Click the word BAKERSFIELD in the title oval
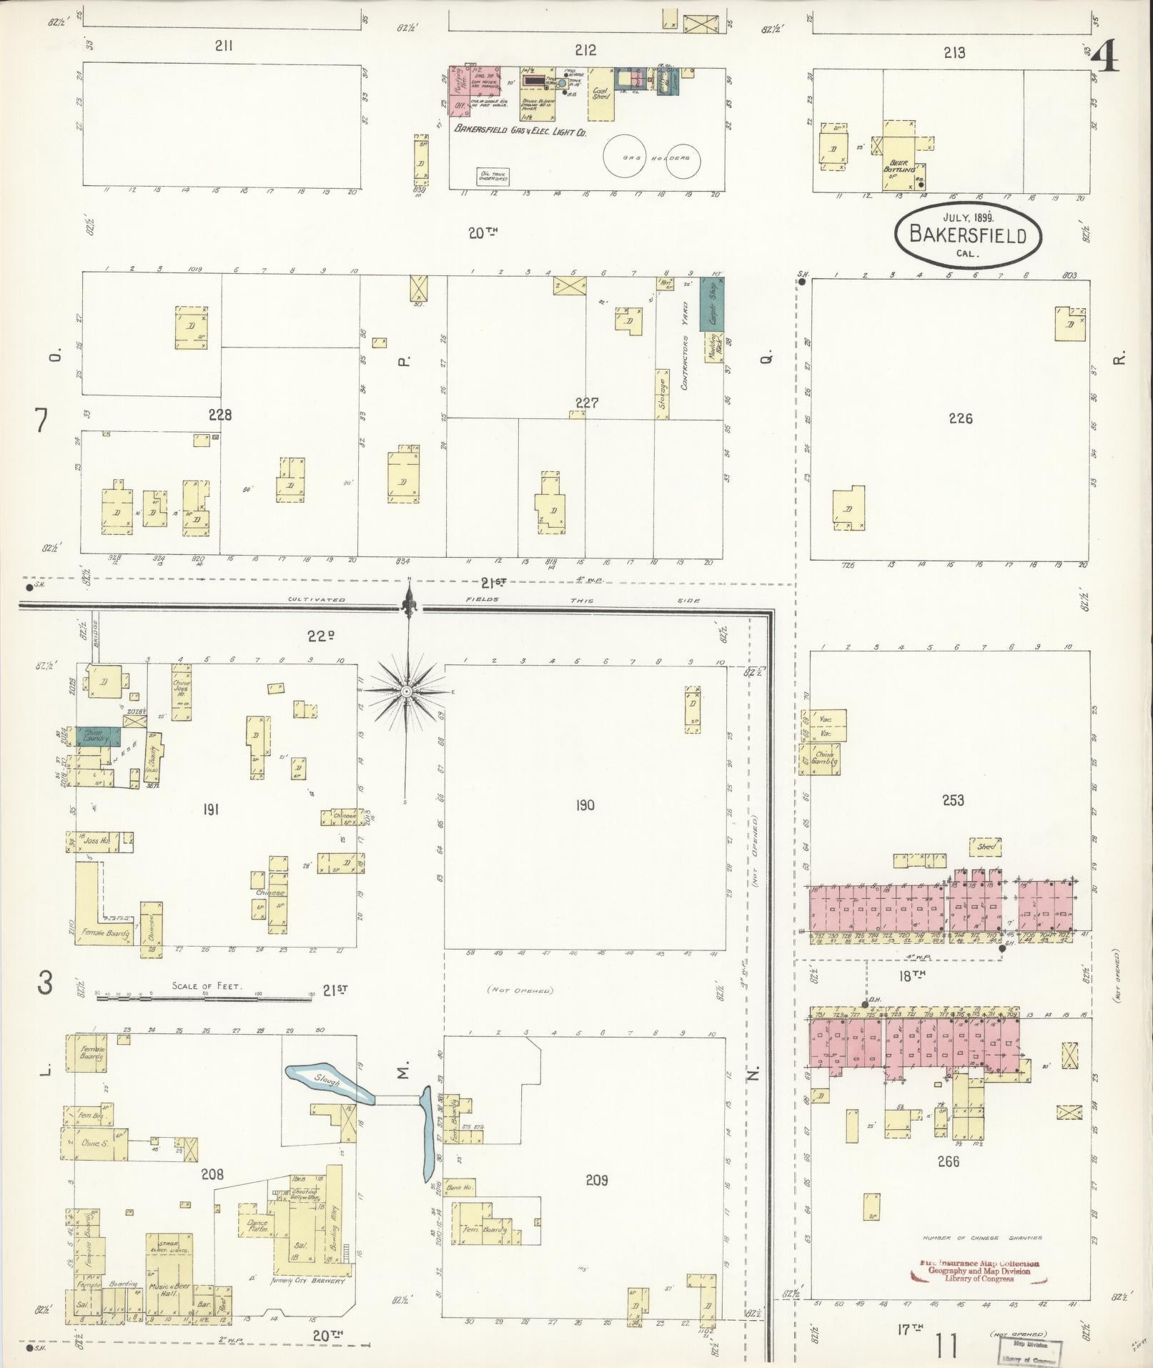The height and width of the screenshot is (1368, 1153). pos(968,235)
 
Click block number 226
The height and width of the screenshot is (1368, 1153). pos(960,418)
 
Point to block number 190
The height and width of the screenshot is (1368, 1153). pos(585,806)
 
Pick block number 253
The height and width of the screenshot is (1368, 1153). pos(953,800)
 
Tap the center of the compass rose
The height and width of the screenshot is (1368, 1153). pos(406,691)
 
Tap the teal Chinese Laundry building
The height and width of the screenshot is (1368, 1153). pos(96,736)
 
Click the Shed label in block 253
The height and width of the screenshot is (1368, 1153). pos(986,846)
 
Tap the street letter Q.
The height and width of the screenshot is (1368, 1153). pos(765,354)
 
